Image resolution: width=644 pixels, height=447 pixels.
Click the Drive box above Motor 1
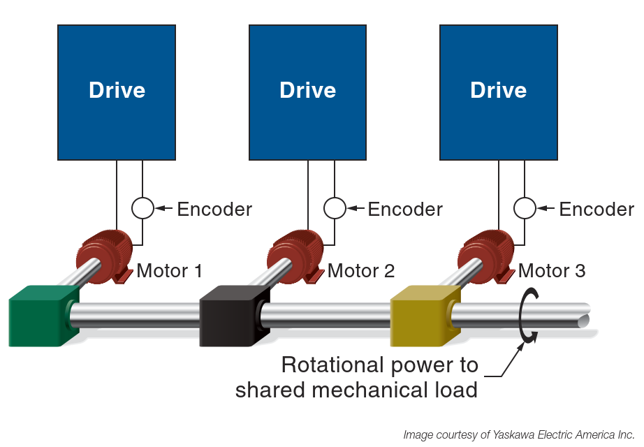117,91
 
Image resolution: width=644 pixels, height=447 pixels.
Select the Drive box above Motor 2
307,91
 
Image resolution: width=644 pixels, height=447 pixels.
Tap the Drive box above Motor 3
498,91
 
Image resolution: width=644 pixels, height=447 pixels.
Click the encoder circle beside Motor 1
142,208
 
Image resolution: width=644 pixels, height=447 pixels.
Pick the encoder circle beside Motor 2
334,208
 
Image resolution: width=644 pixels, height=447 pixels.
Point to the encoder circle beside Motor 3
525,208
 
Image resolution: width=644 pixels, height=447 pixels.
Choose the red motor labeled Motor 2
295,255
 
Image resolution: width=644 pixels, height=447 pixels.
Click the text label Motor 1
170,270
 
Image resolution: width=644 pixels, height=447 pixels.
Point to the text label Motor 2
361,270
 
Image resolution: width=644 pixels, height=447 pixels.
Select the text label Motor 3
552,270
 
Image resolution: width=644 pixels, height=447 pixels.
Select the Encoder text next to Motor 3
597,209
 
